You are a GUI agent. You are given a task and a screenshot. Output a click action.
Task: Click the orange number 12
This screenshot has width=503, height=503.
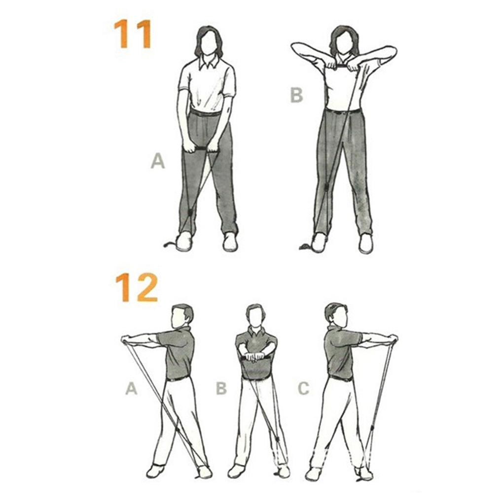pos(137,287)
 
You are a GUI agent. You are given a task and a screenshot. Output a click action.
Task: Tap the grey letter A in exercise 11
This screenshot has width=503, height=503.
pos(157,161)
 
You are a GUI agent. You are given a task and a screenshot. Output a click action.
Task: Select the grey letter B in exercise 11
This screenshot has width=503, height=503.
pos(296,94)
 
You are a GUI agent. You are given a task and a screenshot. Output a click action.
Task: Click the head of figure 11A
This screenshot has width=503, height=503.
pos(208,42)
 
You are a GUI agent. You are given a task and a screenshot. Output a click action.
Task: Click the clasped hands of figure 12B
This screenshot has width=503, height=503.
pos(255,356)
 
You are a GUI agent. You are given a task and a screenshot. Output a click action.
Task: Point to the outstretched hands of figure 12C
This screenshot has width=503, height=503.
pos(393,338)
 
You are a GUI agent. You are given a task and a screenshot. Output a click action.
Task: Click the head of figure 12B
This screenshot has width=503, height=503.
pos(255,316)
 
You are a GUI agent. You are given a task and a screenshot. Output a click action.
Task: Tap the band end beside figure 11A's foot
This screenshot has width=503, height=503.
pos(169,244)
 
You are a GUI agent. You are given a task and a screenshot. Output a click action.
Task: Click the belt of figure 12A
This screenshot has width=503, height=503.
pos(178,378)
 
